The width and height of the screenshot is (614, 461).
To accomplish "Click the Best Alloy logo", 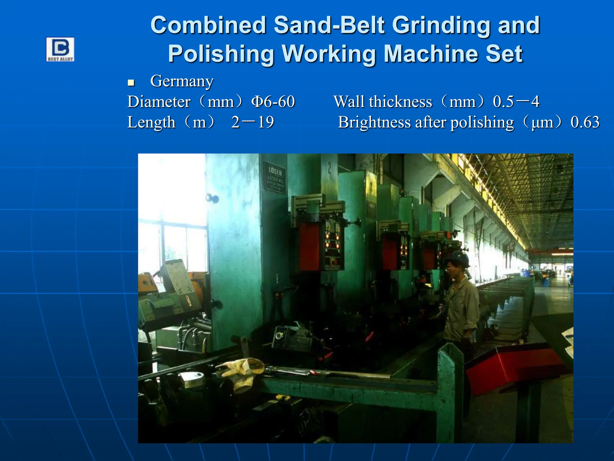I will coord(60,50).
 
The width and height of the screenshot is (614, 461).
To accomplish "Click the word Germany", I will coord(182,81).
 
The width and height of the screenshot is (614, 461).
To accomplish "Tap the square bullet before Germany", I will coord(131,83).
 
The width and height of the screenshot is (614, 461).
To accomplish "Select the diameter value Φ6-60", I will coord(273,102).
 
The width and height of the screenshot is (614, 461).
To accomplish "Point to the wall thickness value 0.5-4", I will coord(516,102).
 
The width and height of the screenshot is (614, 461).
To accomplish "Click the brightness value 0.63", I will coord(585,122).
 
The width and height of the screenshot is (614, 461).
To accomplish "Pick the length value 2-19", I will coord(252,122).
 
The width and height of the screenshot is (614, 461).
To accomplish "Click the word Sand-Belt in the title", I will coord(329,25).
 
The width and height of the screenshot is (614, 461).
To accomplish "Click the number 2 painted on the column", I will coord(329,169).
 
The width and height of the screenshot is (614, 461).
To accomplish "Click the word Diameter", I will coord(159,102).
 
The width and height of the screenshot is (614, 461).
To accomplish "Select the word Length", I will coord(151,122).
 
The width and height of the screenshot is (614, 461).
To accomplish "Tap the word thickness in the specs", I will coord(401,102).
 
